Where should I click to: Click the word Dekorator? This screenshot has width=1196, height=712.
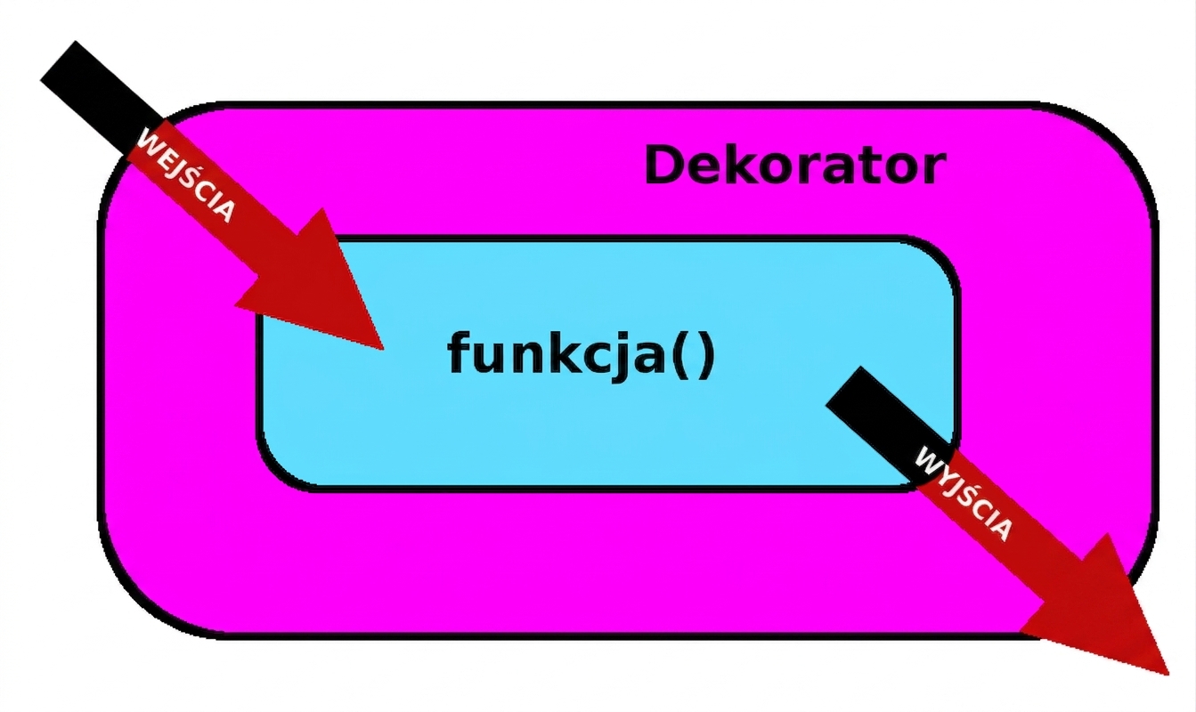click(x=795, y=165)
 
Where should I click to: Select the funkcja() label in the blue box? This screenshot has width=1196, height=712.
click(x=581, y=355)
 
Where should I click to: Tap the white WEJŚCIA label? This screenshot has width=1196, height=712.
click(x=186, y=174)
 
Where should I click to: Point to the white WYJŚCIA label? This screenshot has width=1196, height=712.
click(x=964, y=494)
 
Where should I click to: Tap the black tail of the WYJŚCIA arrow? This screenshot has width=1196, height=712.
click(x=889, y=422)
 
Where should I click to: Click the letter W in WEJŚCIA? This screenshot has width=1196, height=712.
click(x=149, y=141)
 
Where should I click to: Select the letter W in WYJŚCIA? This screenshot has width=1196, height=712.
click(x=927, y=460)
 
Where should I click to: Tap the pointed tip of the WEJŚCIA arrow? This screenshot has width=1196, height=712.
click(x=384, y=350)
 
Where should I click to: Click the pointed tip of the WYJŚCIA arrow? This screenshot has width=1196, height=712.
click(x=1168, y=675)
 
